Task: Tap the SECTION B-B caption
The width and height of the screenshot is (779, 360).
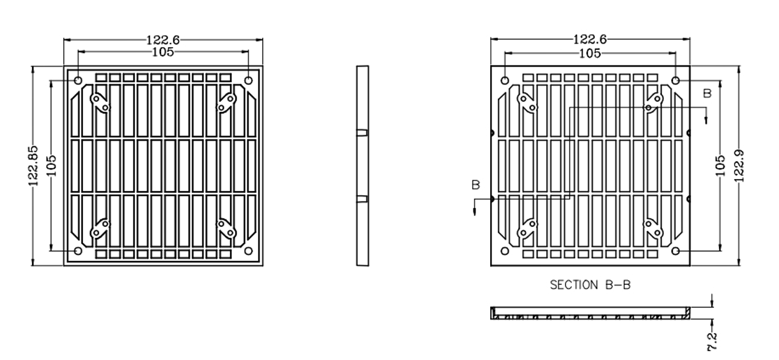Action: (x=589, y=285)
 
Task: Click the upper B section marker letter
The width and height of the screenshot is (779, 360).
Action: (x=707, y=93)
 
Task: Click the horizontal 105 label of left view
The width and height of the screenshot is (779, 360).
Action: (x=163, y=52)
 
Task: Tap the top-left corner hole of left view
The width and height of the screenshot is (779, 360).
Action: (x=78, y=81)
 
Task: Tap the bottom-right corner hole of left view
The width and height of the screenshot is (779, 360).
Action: (x=249, y=251)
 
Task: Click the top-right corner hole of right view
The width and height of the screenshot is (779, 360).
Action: (x=675, y=81)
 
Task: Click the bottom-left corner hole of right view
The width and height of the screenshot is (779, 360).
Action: (x=505, y=251)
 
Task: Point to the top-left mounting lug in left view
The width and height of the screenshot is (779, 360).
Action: (x=100, y=102)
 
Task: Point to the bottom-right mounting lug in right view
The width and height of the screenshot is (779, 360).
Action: (x=654, y=228)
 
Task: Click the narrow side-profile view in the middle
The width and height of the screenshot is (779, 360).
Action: (x=362, y=165)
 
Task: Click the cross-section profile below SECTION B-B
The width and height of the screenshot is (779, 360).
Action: (x=590, y=313)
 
